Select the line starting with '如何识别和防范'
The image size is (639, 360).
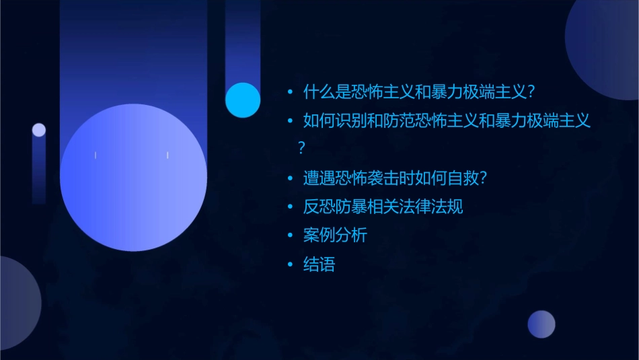pyautogui.click(x=447, y=121)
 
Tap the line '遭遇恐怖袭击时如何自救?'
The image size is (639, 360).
pyautogui.click(x=395, y=178)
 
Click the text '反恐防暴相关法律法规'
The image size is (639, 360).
pyautogui.click(x=383, y=207)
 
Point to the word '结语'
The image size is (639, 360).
pyautogui.click(x=319, y=264)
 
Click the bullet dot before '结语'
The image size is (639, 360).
pyautogui.click(x=290, y=264)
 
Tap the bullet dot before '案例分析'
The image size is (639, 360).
pyautogui.click(x=290, y=236)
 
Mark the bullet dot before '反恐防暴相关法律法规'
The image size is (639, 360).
pyautogui.click(x=290, y=207)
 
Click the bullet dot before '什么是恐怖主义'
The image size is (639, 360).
pyautogui.click(x=290, y=92)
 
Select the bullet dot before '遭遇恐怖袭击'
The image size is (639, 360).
pyautogui.click(x=290, y=178)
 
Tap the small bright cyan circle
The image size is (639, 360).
pyautogui.click(x=243, y=100)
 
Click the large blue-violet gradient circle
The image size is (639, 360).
pyautogui.click(x=133, y=178)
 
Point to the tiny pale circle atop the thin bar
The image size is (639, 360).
pyautogui.click(x=39, y=130)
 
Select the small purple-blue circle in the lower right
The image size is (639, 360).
pyautogui.click(x=541, y=324)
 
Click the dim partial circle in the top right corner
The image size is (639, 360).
pyautogui.click(x=605, y=47)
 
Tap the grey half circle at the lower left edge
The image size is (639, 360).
pyautogui.click(x=17, y=303)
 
